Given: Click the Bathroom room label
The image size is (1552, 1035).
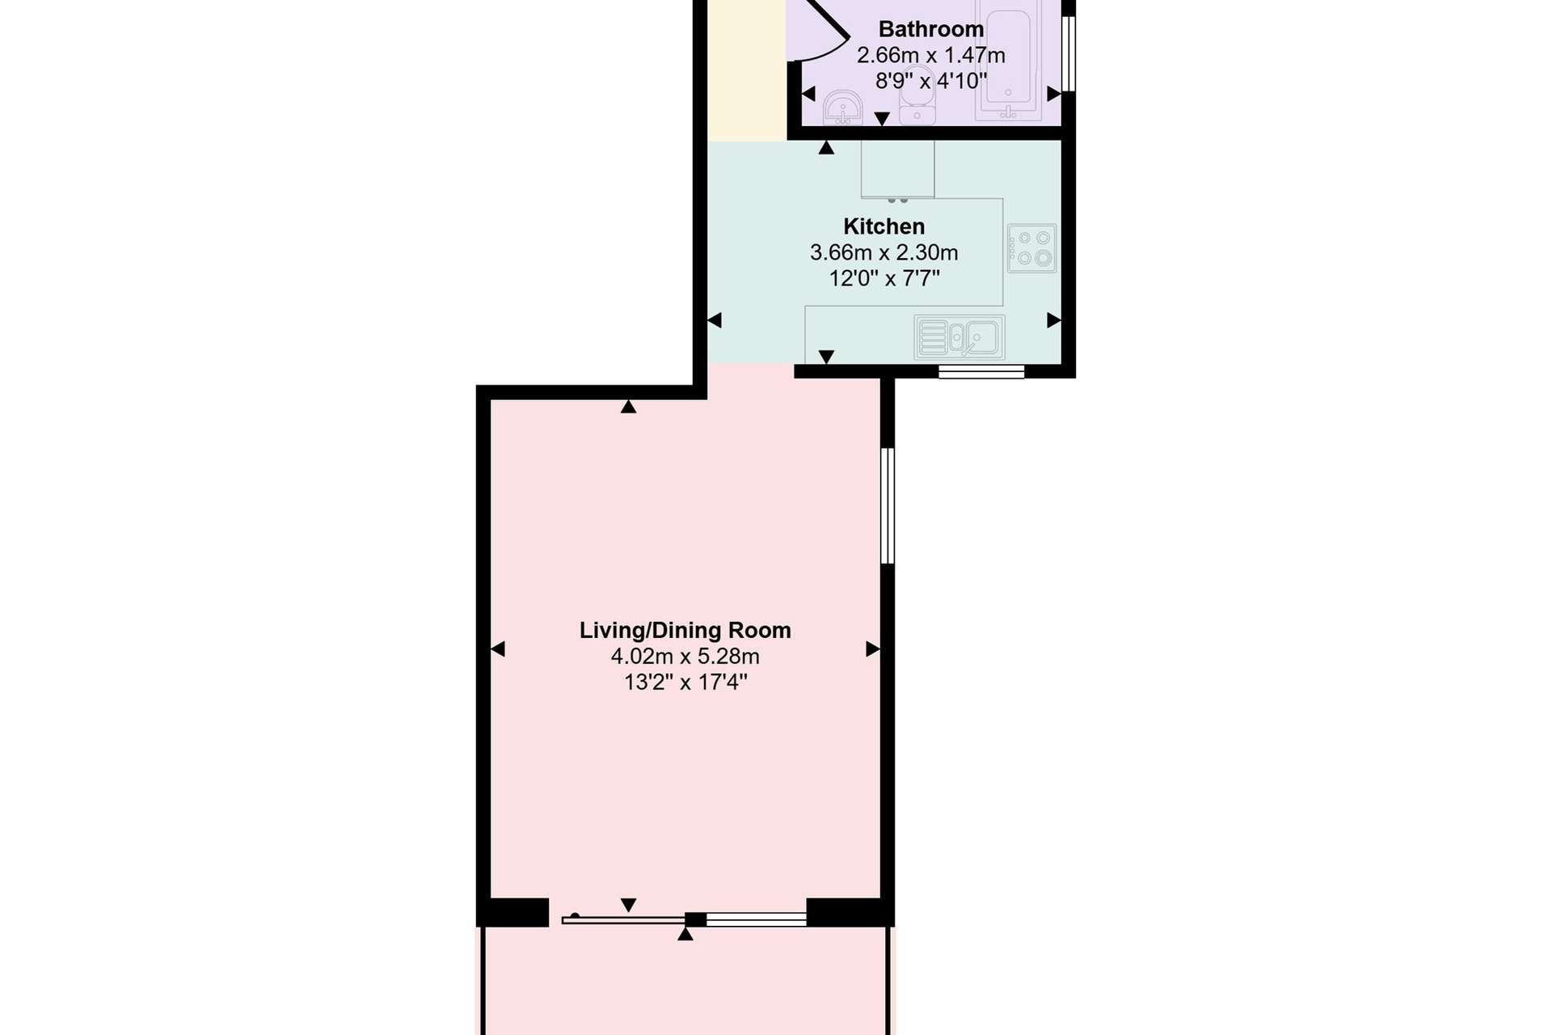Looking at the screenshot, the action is click(931, 29).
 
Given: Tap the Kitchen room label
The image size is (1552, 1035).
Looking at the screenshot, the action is click(884, 226).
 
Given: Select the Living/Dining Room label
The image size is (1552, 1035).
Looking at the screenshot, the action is click(685, 631).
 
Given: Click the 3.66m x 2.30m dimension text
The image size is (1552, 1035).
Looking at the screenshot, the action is click(884, 252).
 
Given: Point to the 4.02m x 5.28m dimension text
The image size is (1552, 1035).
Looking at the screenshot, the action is click(685, 656).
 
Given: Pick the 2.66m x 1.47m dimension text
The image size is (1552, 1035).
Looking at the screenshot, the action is click(931, 55).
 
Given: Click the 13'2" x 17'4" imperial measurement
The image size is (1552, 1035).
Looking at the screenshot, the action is click(685, 682).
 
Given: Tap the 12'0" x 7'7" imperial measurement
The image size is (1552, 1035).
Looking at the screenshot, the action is click(884, 278).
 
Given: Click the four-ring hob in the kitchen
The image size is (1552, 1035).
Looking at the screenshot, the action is click(1032, 248).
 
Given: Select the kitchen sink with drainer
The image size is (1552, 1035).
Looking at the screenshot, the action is click(959, 336).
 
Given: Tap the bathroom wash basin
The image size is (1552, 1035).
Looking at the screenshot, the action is click(843, 108).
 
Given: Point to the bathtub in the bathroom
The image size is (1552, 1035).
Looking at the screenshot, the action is click(1008, 61).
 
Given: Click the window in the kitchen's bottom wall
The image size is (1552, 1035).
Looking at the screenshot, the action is click(981, 371).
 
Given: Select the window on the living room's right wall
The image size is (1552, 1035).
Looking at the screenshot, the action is click(888, 505).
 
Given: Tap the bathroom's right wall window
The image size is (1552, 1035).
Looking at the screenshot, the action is click(1069, 53).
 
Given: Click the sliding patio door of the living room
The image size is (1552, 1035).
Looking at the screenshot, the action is click(685, 919).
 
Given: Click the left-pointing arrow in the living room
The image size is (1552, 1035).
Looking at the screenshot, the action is click(498, 648).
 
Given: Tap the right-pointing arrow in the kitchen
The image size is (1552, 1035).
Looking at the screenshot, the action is click(1054, 320).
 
